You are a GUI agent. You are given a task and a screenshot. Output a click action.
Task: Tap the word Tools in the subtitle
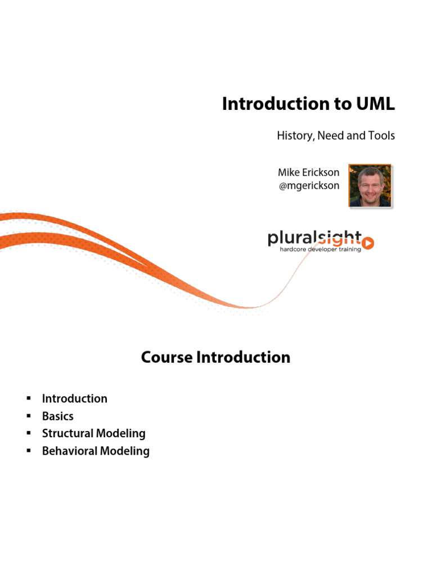point(381,136)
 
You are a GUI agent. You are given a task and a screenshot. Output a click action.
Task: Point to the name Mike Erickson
point(308,172)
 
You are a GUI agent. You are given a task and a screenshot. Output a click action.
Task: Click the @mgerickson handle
point(309,185)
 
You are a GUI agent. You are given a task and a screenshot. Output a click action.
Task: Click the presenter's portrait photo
point(370,186)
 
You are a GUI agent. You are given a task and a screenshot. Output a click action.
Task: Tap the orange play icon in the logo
point(368,243)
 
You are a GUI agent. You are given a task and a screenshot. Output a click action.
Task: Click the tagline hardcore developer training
point(320,249)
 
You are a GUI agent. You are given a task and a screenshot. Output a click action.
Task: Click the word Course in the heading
point(166,357)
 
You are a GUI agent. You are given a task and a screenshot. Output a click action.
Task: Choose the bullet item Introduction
point(74,399)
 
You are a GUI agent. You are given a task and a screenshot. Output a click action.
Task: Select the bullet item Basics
point(57,416)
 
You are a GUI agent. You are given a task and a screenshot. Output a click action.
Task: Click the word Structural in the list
point(67,433)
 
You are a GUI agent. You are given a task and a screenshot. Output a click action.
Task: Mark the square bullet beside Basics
point(28,416)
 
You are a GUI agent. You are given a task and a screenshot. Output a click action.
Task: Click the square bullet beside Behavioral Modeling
point(28,451)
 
